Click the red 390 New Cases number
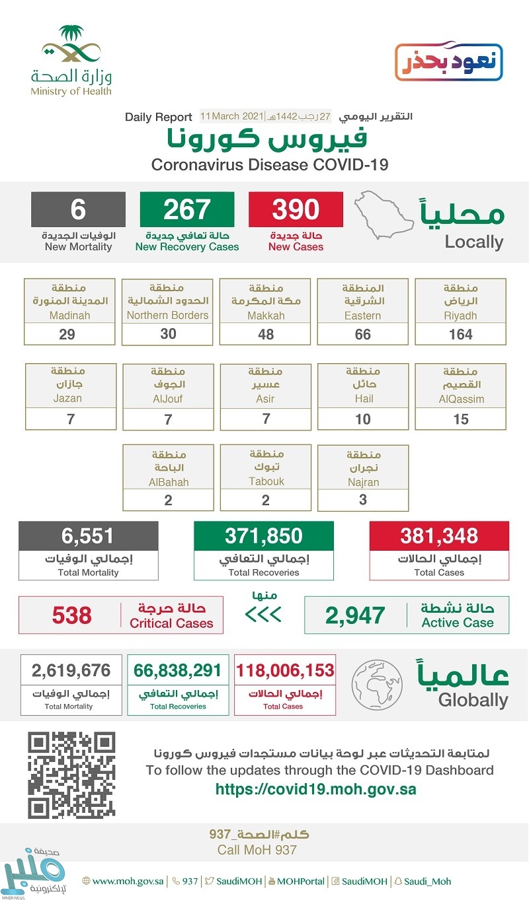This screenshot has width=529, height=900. point(296,209)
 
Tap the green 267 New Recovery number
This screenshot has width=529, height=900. point(186,209)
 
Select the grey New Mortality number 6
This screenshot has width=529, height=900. point(78,209)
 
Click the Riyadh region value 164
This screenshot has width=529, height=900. point(461,334)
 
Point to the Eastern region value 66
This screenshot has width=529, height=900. point(362,334)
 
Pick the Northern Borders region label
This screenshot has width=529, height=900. point(167,315)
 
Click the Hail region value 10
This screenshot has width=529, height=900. point(362,419)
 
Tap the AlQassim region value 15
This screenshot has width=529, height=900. point(461,419)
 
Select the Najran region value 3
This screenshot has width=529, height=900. point(363,500)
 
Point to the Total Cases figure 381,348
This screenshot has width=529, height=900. point(439,536)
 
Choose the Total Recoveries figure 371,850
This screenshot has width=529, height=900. point(263,536)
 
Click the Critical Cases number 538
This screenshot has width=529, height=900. point(71,615)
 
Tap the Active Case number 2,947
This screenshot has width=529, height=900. point(354,615)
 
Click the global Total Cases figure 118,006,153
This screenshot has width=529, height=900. point(285,671)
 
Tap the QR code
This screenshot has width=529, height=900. point(71,775)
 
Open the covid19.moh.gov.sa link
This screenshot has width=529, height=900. point(316,789)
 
